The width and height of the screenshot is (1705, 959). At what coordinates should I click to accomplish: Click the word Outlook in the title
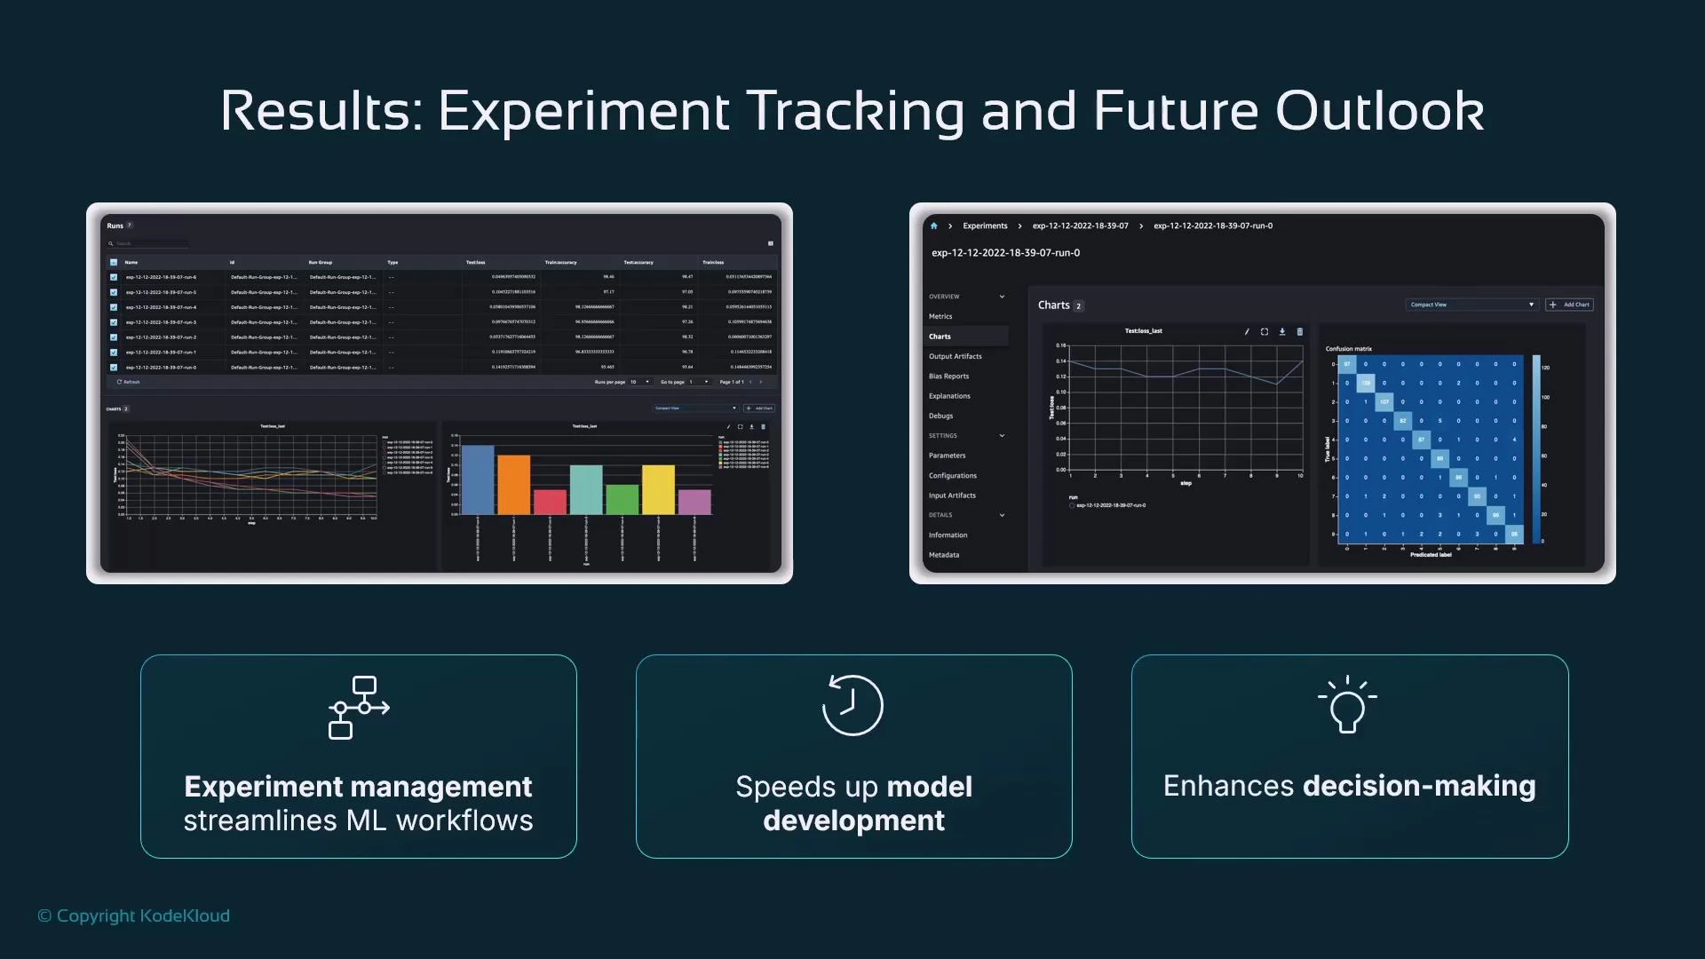[x=1379, y=111]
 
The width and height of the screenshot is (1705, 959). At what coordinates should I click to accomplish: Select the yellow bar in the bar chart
[x=658, y=489]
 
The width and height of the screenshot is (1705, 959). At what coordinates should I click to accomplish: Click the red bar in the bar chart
[x=550, y=502]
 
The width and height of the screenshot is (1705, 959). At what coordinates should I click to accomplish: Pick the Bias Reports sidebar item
[x=948, y=376]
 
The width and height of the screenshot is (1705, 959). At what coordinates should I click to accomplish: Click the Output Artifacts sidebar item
[x=955, y=356]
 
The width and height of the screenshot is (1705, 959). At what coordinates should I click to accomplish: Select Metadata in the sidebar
[x=943, y=555]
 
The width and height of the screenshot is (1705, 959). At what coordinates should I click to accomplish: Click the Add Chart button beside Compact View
[x=1569, y=305]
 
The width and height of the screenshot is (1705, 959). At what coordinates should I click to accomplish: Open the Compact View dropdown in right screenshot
[x=1471, y=305]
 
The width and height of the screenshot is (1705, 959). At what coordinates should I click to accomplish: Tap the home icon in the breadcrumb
[x=933, y=226]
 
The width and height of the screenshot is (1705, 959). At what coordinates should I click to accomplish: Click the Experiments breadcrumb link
[x=985, y=226]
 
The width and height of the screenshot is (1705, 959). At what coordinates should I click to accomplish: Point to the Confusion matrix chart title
[x=1348, y=349]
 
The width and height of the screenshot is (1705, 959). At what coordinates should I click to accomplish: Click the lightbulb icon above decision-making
[x=1347, y=705]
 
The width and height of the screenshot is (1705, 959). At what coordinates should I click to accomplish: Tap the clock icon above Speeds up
[x=852, y=705]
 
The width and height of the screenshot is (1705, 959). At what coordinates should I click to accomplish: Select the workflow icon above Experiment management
[x=359, y=707]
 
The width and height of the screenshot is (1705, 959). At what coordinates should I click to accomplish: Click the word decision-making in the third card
[x=1418, y=786]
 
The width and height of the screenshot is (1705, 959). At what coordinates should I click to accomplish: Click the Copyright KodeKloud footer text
[x=134, y=915]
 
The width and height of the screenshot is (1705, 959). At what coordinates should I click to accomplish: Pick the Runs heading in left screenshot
[x=115, y=226]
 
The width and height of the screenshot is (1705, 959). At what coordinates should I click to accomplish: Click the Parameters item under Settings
[x=947, y=456]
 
